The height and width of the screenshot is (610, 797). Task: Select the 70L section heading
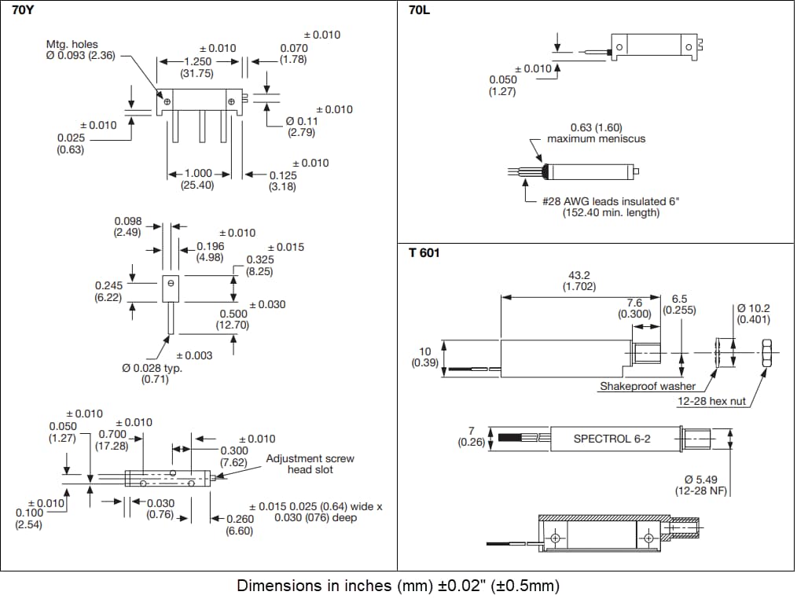[x=418, y=10]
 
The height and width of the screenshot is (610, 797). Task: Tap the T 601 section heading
[x=424, y=253]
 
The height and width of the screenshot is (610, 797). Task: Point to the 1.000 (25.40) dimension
[x=197, y=178]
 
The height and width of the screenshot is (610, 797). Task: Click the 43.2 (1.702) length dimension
[x=581, y=281]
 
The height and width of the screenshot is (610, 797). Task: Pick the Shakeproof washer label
[x=647, y=386]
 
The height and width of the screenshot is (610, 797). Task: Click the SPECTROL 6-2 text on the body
[x=611, y=438]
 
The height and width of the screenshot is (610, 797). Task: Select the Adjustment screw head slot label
[x=310, y=464]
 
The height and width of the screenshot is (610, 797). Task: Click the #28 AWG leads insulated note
[x=610, y=207]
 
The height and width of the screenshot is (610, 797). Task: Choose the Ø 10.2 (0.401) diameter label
[x=754, y=314]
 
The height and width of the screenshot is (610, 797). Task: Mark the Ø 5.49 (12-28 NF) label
[x=703, y=485]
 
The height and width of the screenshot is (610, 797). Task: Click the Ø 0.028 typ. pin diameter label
[x=152, y=373]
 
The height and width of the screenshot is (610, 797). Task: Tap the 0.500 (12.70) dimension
[x=233, y=319]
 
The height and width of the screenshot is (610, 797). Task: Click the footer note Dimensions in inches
[x=398, y=586]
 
